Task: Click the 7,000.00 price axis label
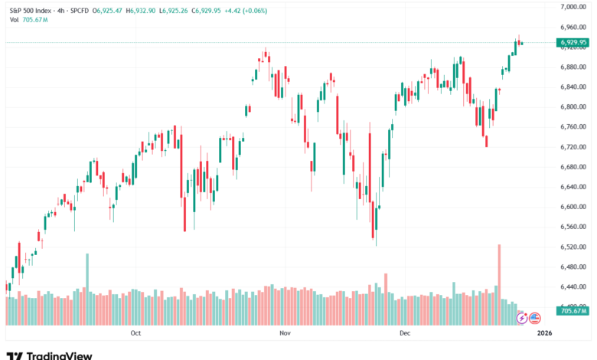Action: click(573, 7)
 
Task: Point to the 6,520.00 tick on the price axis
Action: click(573, 247)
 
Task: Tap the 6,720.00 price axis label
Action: click(573, 147)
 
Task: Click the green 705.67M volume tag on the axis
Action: click(573, 310)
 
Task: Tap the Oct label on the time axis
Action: click(136, 332)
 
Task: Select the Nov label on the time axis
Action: click(285, 332)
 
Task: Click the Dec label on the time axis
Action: click(405, 332)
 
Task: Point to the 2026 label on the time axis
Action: click(545, 332)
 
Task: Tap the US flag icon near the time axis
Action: click(535, 316)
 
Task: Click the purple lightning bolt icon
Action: click(523, 316)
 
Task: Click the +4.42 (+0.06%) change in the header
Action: click(245, 11)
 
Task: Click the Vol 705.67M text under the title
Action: click(29, 19)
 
